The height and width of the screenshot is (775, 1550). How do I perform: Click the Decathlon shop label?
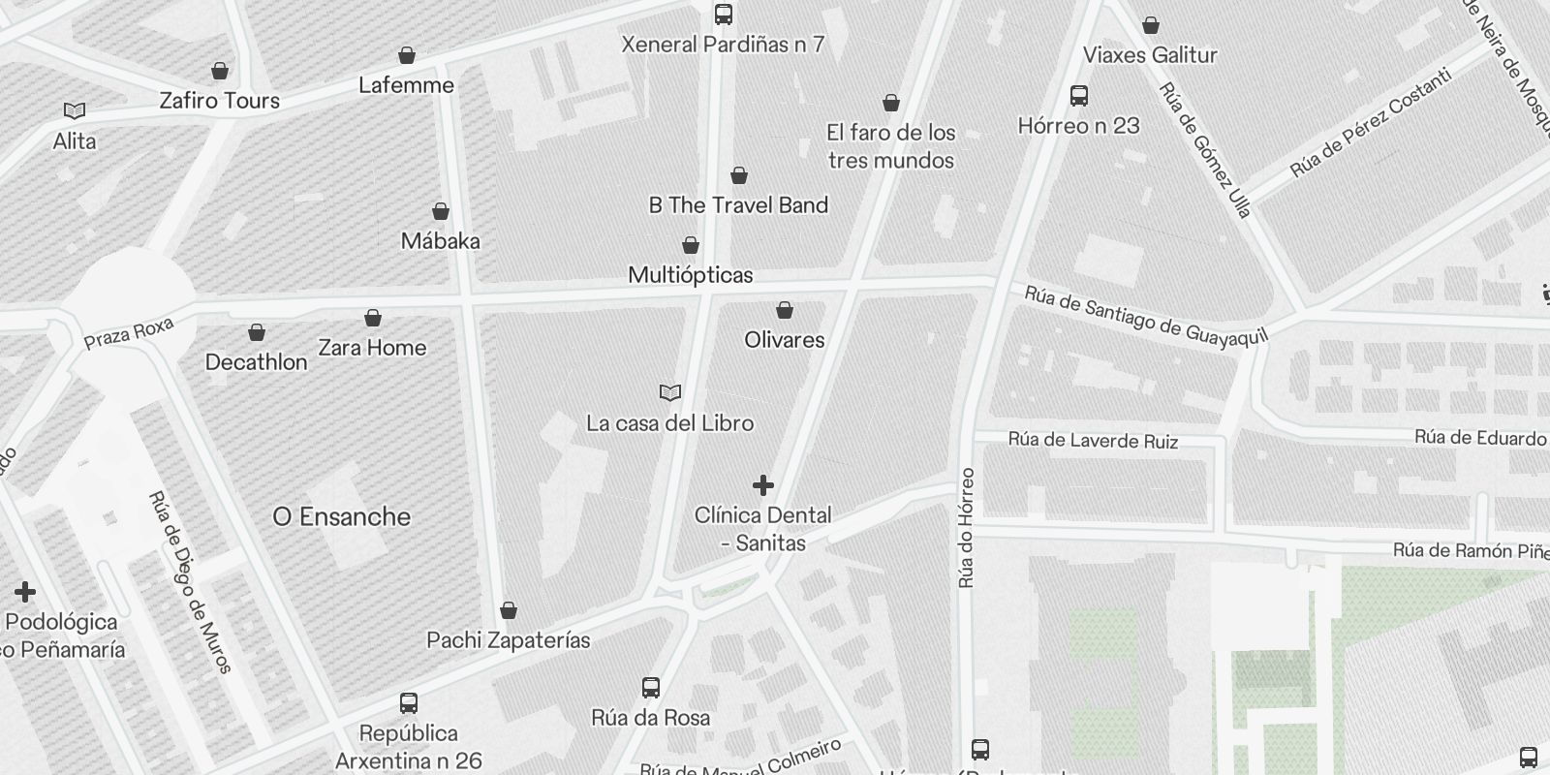coord(256,362)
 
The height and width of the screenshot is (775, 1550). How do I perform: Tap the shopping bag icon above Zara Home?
coord(373,318)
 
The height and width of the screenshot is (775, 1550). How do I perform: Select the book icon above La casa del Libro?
coord(670,392)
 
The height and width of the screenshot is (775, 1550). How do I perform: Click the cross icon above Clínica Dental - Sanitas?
coord(763,484)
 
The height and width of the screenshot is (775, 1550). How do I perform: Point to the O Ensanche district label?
coord(342,516)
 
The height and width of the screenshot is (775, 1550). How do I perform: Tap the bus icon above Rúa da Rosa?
coord(651,688)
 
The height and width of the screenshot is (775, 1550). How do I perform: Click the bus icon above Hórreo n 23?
coord(1079,95)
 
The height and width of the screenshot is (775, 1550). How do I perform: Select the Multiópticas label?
coord(691,275)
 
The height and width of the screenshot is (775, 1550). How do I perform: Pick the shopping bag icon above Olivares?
coord(785,310)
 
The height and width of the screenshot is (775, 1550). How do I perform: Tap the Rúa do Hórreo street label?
coord(967,528)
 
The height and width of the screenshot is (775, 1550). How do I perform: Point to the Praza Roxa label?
coord(128,333)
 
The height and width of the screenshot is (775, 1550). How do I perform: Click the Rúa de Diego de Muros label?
coord(190,581)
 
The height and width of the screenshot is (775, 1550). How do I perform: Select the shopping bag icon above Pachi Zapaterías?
coord(509,610)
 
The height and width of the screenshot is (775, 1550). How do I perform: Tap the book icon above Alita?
coord(75,111)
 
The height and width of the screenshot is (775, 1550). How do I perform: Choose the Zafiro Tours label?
coord(220,101)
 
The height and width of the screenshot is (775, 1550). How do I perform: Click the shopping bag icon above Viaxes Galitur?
coord(1151,25)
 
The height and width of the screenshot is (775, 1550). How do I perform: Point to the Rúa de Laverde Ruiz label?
coord(1093,441)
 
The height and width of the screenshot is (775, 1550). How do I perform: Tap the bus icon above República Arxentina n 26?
coord(409,702)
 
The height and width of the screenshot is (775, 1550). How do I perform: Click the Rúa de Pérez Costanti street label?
coord(1370,124)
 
